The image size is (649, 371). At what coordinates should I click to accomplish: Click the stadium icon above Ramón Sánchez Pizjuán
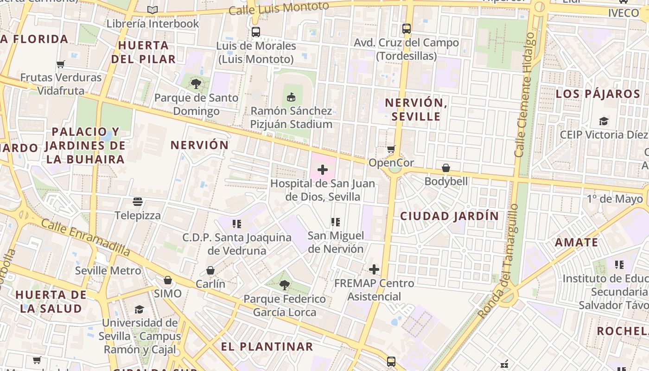291,97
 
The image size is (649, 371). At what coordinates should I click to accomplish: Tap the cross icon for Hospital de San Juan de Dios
323,170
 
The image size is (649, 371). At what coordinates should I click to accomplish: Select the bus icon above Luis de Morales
255,32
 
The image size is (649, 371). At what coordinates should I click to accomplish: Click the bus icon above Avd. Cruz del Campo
407,29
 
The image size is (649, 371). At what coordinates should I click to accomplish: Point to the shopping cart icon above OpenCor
391,149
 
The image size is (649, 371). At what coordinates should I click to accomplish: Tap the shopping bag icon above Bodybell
446,168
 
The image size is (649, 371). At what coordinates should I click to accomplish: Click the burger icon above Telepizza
138,202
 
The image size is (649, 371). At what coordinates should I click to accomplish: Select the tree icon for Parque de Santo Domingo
196,84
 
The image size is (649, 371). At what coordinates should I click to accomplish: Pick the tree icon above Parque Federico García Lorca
285,285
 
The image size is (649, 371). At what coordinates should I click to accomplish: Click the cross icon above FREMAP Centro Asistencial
374,269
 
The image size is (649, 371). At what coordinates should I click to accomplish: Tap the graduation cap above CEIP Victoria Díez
603,121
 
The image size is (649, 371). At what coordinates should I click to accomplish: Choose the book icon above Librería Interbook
153,10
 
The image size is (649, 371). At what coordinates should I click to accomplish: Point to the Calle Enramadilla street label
85,237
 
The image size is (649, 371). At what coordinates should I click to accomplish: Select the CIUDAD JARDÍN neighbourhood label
449,216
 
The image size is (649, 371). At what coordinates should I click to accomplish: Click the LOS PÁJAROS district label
598,94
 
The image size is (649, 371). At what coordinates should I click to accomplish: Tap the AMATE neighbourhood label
576,243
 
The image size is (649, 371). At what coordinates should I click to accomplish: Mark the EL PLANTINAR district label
267,347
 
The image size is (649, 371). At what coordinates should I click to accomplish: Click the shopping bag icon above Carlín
210,270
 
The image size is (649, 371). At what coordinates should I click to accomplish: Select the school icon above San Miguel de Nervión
336,222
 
